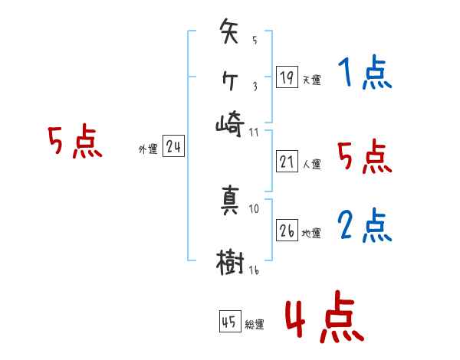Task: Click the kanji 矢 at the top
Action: click(x=231, y=34)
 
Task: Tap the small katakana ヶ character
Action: click(x=230, y=79)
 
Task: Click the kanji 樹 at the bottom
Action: click(x=231, y=263)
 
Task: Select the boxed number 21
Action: click(x=287, y=161)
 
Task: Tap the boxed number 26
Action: click(x=287, y=230)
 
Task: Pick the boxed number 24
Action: click(x=173, y=146)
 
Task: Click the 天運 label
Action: click(x=311, y=80)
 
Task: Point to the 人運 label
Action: click(x=311, y=164)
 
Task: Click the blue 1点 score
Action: click(x=363, y=74)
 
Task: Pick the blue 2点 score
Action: click(x=363, y=226)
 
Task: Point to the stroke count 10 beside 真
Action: click(x=254, y=208)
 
